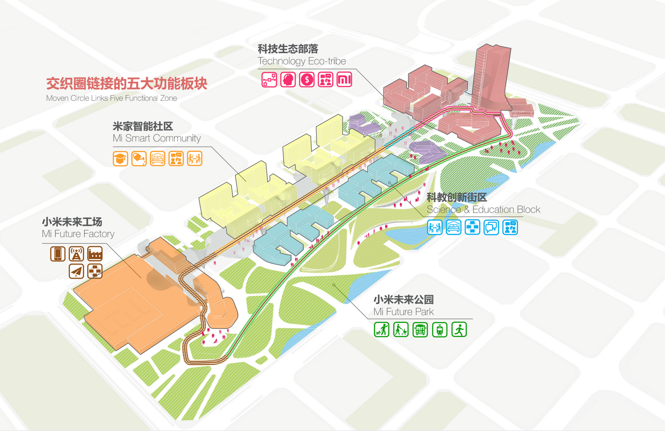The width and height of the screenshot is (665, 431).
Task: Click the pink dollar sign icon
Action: pyautogui.click(x=307, y=80)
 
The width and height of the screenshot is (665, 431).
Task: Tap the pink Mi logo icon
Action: pyautogui.click(x=344, y=80)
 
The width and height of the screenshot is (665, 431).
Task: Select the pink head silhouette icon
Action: pyautogui.click(x=288, y=80)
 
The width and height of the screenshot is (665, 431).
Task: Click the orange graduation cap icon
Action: pyautogui.click(x=120, y=158)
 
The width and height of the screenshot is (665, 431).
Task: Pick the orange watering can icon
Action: pyautogui.click(x=139, y=158)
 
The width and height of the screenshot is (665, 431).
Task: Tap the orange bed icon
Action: pyautogui.click(x=157, y=158)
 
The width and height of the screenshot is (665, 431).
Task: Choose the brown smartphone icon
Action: pyautogui.click(x=58, y=253)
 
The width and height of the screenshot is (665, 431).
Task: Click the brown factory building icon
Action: pyautogui.click(x=95, y=253)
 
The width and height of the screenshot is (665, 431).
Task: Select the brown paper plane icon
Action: pyautogui.click(x=76, y=271)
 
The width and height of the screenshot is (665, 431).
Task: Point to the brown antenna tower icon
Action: pyautogui.click(x=76, y=253)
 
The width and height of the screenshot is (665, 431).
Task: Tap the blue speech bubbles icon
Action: pyautogui.click(x=491, y=227)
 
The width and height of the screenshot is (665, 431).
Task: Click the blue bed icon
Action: pyautogui.click(x=454, y=227)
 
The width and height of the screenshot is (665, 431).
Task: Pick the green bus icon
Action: pyautogui.click(x=420, y=330)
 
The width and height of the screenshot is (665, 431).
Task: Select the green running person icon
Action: pyautogui.click(x=459, y=330)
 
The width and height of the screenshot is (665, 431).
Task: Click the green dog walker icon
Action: pyautogui.click(x=381, y=330)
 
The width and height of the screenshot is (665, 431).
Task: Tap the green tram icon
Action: pyautogui.click(x=439, y=330)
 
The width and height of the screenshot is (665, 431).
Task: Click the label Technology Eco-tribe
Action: pyautogui.click(x=301, y=61)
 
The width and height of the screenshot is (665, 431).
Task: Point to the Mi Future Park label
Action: pyautogui.click(x=403, y=312)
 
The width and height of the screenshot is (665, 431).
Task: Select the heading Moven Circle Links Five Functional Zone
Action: pyautogui.click(x=112, y=98)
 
